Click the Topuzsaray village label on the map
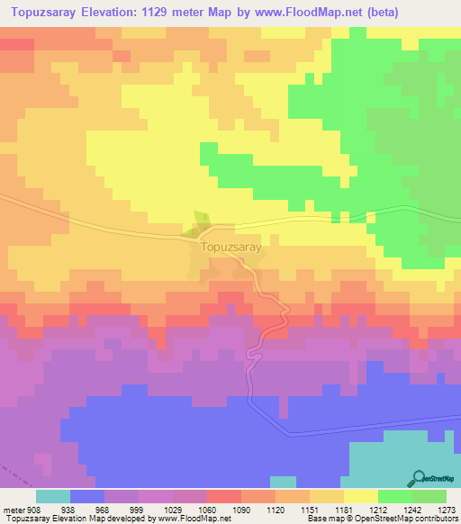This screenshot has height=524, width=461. click(x=231, y=246)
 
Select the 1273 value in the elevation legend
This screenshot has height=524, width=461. click(x=447, y=509)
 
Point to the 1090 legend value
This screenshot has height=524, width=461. click(x=241, y=509)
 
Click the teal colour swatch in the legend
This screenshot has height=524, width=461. click(x=52, y=496)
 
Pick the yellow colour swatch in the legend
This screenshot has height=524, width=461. click(x=360, y=496)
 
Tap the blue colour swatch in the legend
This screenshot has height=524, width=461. click(x=86, y=496)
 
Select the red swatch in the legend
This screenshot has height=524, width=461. click(x=223, y=496)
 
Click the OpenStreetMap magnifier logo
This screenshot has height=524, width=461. click(x=420, y=478)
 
